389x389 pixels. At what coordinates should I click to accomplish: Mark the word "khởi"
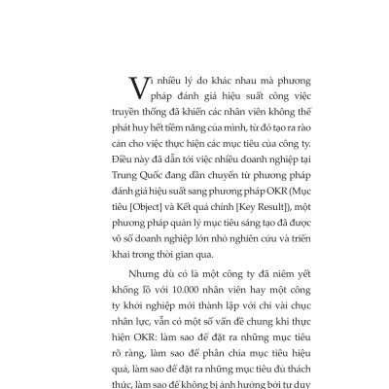pyautogui.click(x=122, y=312)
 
